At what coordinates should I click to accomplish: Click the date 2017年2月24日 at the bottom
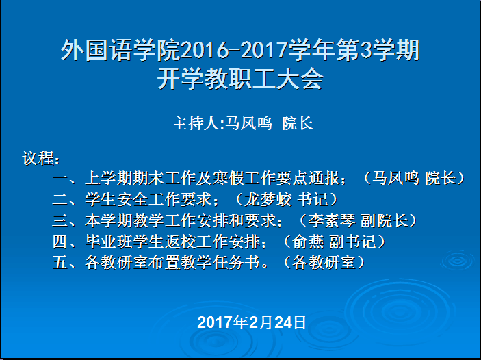(x=252, y=322)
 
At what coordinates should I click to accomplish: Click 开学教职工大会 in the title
(x=240, y=79)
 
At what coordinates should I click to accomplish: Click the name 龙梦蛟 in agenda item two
(x=268, y=199)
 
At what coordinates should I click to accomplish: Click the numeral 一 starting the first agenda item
(x=60, y=179)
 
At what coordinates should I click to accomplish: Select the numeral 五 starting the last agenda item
(x=60, y=263)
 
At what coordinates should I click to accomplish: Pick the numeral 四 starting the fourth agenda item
(x=60, y=242)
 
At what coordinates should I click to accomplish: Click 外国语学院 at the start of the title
(x=120, y=50)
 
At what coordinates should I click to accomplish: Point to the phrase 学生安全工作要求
(x=148, y=199)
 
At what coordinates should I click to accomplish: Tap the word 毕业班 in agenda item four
(x=108, y=242)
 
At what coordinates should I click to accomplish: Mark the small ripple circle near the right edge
(x=458, y=261)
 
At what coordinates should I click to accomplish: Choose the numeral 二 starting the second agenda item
(x=60, y=199)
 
